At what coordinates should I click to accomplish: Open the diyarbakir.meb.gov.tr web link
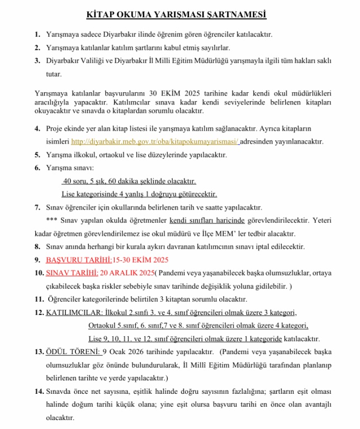click(x=155, y=142)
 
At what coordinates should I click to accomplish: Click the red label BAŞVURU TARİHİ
click(x=79, y=260)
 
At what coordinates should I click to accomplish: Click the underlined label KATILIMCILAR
click(x=74, y=312)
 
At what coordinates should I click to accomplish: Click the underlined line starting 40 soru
click(x=129, y=182)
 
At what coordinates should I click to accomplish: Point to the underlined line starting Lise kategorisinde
click(x=139, y=194)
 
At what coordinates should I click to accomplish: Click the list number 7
click(x=37, y=207)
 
